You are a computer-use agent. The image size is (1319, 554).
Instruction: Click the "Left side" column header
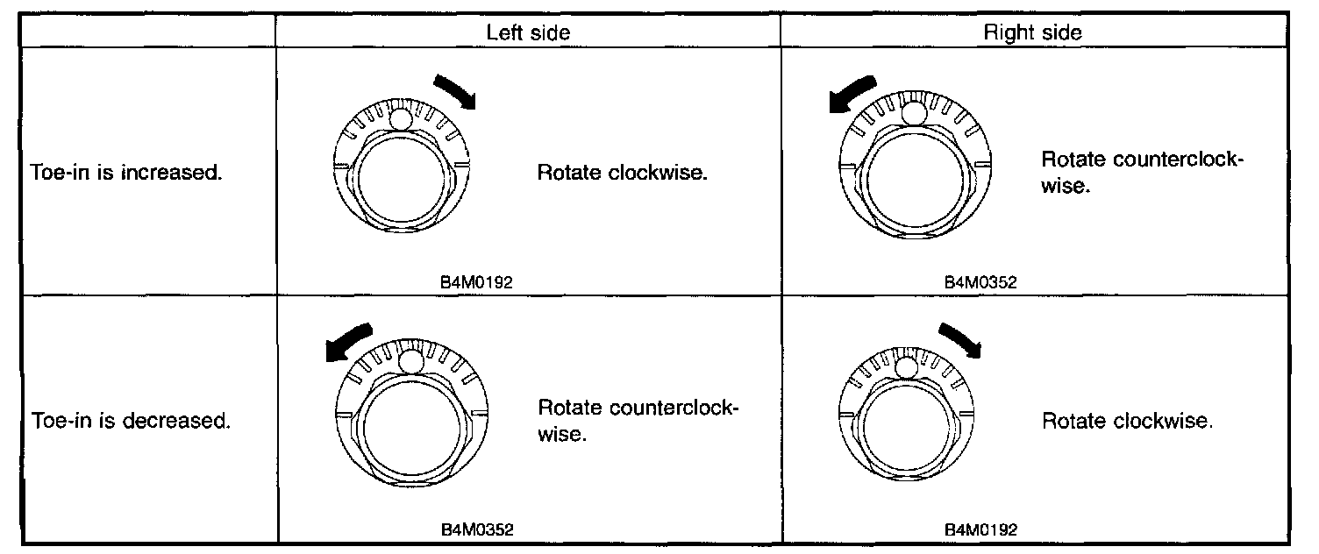click(x=528, y=32)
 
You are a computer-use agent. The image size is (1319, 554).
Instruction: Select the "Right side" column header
click(x=1032, y=32)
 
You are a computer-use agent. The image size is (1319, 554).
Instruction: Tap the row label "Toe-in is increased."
click(x=125, y=173)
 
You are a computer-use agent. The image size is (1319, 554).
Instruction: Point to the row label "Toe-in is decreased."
click(x=131, y=422)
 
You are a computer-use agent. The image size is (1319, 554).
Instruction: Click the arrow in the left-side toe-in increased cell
click(x=456, y=90)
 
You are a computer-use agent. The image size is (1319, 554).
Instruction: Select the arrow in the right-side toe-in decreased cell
click(x=959, y=339)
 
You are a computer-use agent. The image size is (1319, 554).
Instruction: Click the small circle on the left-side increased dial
click(x=402, y=119)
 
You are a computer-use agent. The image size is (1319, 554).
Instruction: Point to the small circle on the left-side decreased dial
click(x=410, y=360)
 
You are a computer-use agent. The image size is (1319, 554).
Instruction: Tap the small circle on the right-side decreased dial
click(x=906, y=365)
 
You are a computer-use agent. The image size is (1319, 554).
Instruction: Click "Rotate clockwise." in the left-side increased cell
click(x=623, y=173)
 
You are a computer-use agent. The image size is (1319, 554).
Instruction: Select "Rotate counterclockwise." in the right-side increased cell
click(x=1143, y=173)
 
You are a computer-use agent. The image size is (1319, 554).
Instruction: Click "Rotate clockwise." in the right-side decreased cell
click(x=1127, y=422)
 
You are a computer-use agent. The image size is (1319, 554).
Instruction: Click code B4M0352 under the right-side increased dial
click(x=980, y=283)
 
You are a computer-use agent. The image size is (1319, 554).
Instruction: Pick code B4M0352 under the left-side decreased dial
click(x=477, y=530)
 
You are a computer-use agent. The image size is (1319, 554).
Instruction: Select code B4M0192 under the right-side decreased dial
click(x=980, y=530)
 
